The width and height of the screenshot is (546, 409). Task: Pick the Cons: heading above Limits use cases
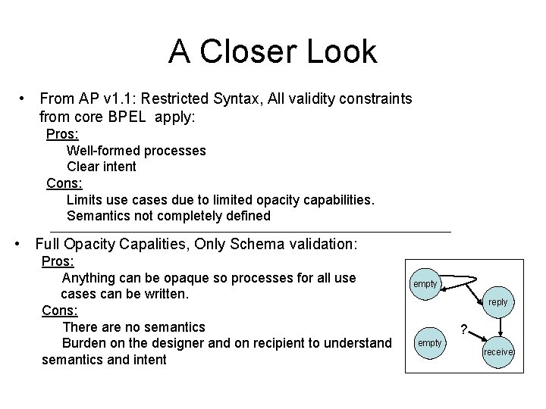click(64, 183)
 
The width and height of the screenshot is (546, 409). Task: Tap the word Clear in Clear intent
click(83, 167)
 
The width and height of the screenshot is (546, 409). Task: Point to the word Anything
click(98, 277)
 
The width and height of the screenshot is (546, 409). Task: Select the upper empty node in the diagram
click(425, 283)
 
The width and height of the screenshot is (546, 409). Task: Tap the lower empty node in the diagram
click(429, 343)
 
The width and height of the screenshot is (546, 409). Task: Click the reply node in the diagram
click(497, 301)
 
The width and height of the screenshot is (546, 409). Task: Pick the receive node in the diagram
click(498, 351)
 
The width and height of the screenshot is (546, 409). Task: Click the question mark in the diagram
click(464, 328)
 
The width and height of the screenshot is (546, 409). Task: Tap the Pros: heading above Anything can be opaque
click(58, 261)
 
